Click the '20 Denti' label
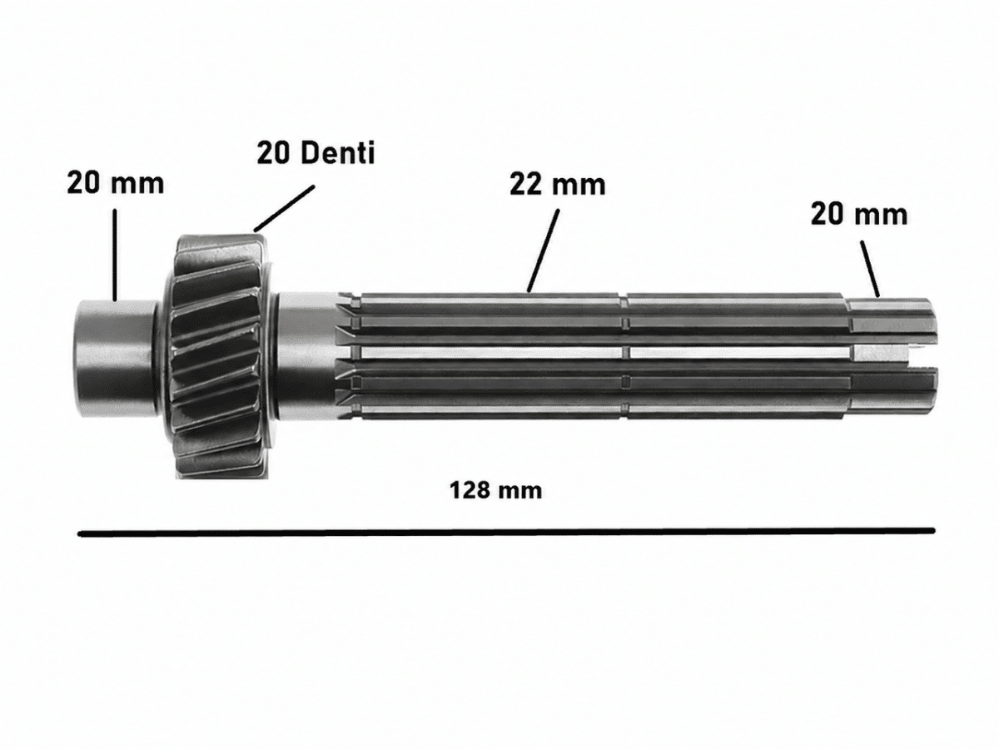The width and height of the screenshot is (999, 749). coord(316,153)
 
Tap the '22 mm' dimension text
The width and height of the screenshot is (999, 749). coord(558,185)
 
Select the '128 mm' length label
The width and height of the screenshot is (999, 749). coord(495,491)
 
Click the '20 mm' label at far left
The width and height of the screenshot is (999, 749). coord(116,184)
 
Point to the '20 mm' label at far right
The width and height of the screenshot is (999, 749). coord(859,214)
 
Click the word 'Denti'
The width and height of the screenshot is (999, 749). coord(337,153)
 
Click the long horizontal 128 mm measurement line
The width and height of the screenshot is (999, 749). coord(506,532)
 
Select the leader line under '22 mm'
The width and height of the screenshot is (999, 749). coord(543,250)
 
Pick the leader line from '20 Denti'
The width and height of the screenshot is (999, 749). coord(285,208)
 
